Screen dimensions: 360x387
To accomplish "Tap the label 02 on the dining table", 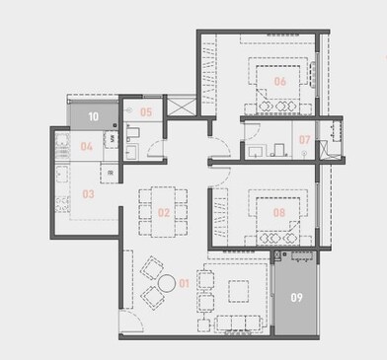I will pyautogui.click(x=164, y=211).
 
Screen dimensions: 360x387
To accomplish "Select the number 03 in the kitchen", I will pyautogui.click(x=88, y=194).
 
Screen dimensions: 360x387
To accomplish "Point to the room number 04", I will pyautogui.click(x=86, y=147).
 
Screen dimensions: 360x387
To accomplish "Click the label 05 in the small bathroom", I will pyautogui.click(x=145, y=112).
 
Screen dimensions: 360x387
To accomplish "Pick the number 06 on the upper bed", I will pyautogui.click(x=279, y=81).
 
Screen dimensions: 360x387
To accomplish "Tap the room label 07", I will pyautogui.click(x=305, y=140).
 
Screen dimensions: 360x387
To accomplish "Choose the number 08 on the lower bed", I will pyautogui.click(x=279, y=211).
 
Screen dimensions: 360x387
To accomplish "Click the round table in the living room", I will pyautogui.click(x=154, y=281).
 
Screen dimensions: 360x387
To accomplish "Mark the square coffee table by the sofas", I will pyautogui.click(x=238, y=290).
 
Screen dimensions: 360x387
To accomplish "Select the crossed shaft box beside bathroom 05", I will pyautogui.click(x=178, y=107).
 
